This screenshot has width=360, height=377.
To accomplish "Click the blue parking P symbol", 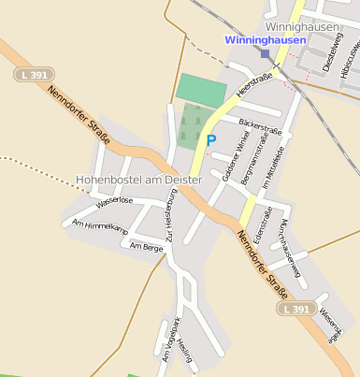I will click(210, 140).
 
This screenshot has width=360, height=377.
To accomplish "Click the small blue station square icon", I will click(266, 54).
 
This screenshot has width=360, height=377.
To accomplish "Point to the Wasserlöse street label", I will click(115, 201).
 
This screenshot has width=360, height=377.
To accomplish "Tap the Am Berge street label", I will click(147, 247).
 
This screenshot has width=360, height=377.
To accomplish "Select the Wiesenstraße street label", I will click(327, 325).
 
